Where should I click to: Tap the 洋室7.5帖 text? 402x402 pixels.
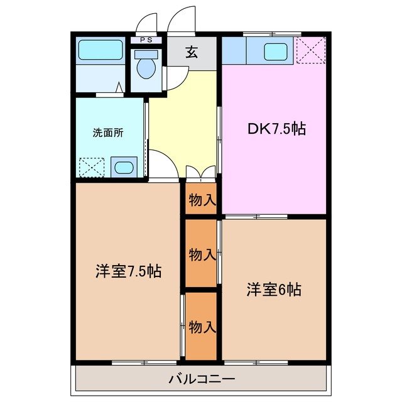coord(129,271)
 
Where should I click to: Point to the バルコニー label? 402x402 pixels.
coord(202,379)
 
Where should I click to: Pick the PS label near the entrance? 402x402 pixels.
coord(146,40)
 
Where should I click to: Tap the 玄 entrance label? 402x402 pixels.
coord(192,53)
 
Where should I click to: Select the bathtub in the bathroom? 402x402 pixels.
coord(99,50)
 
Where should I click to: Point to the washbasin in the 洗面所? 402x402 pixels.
coord(123,167)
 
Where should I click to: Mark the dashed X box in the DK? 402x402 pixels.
coord(310,50)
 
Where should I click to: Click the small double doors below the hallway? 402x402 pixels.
coord(200,172)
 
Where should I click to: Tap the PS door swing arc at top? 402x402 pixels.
coord(146,22)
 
